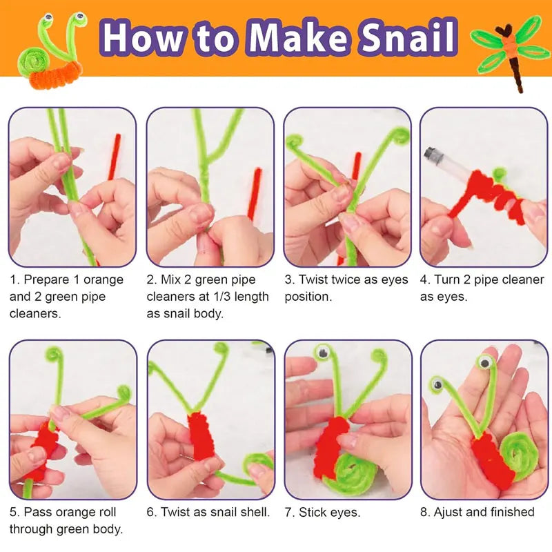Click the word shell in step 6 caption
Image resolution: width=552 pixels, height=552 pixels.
tap(252, 512)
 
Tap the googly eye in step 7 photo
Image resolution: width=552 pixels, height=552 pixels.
tap(322, 354)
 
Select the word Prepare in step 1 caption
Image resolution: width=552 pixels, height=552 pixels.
tap(48, 280)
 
